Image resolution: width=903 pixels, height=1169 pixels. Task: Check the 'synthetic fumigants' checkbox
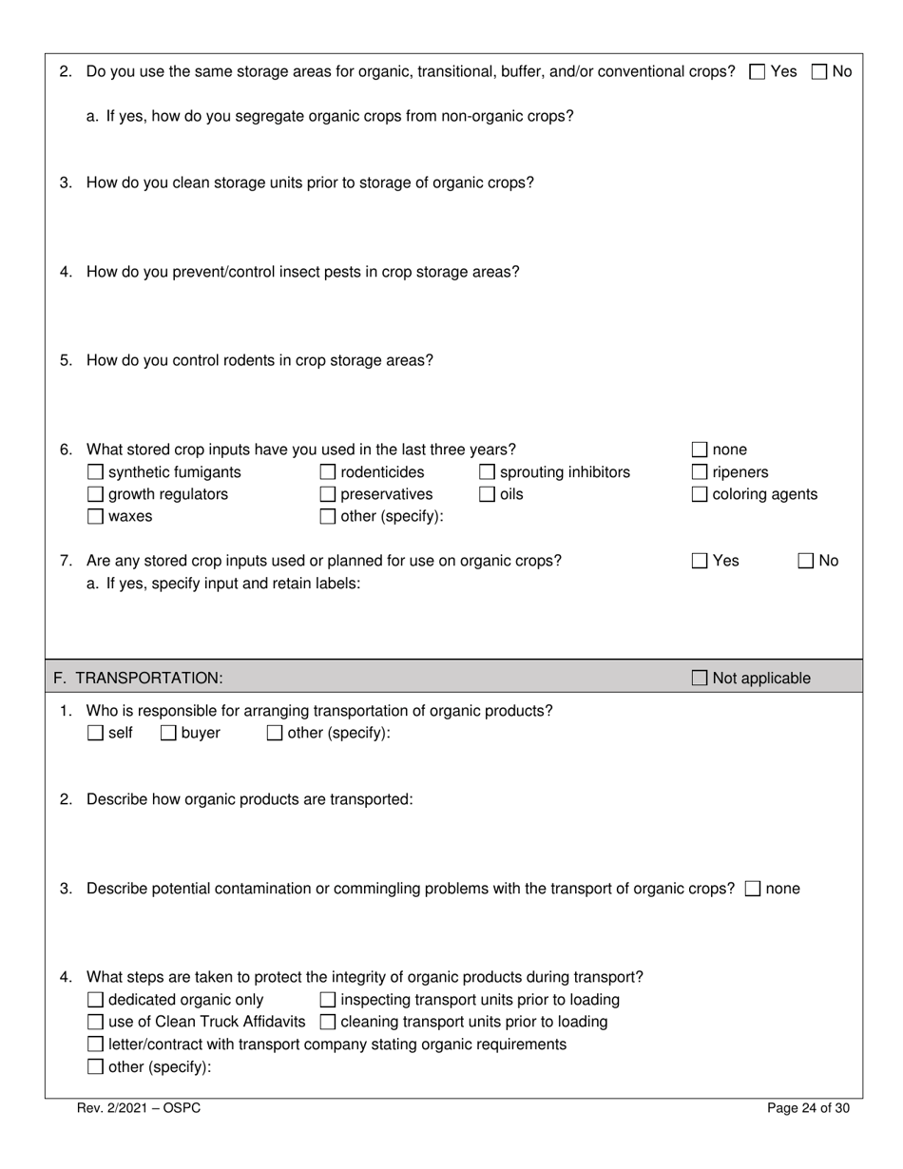[x=95, y=472]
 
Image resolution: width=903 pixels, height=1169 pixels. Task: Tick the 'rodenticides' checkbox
[x=328, y=472]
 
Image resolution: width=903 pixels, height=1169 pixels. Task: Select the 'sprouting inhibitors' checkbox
[x=487, y=472]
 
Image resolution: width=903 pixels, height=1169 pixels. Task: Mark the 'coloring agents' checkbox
[x=700, y=494]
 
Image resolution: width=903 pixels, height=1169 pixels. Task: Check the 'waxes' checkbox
[x=95, y=517]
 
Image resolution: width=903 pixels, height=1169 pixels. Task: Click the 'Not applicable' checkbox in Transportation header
[x=700, y=678]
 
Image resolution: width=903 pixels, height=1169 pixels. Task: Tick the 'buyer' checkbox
[x=168, y=733]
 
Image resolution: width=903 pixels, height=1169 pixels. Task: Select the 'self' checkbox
[x=95, y=733]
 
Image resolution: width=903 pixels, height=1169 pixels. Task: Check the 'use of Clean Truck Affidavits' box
[x=95, y=1023]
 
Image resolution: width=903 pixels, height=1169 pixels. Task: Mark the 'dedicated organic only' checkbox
[x=95, y=1000]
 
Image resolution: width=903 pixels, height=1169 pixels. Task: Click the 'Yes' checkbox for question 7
[x=700, y=561]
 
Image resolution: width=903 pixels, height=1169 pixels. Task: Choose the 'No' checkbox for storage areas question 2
[x=819, y=71]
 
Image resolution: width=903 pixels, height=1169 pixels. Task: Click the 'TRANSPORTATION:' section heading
[x=148, y=678]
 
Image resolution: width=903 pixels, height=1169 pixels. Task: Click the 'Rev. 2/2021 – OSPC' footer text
[x=139, y=1108]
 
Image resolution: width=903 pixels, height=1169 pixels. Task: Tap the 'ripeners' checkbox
[x=700, y=472]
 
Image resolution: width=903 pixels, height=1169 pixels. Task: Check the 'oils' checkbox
[x=487, y=494]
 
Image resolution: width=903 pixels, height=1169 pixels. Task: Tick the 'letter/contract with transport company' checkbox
[x=95, y=1044]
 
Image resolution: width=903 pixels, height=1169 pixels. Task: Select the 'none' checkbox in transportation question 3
[x=753, y=889]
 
